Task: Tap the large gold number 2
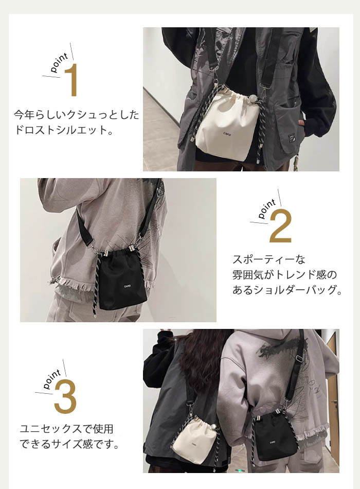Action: point(280,226)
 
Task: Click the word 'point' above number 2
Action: point(267,208)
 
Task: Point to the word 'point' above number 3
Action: point(52,379)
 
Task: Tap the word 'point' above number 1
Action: point(59,62)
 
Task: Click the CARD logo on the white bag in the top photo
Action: point(227,134)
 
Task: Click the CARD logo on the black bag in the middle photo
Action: point(127,286)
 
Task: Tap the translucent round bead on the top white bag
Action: point(253,99)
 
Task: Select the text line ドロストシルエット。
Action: point(64,130)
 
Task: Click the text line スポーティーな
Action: point(269,259)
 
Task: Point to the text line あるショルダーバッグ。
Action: point(287,290)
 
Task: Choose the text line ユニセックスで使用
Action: point(67,429)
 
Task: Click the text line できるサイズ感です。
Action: point(70,444)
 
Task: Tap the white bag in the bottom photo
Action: point(194,441)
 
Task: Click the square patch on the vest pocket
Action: point(292,139)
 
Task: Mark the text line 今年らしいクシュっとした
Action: point(76,115)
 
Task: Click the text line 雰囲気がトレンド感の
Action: point(284,275)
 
